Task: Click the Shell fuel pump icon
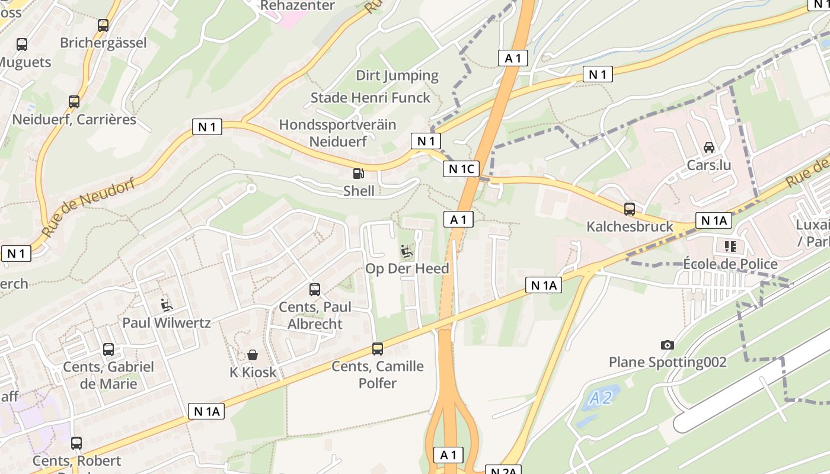pyautogui.click(x=358, y=173)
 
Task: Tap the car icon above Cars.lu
pyautogui.click(x=708, y=148)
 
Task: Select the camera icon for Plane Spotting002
pyautogui.click(x=668, y=345)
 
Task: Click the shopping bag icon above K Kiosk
pyautogui.click(x=253, y=355)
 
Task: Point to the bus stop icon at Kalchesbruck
pyautogui.click(x=630, y=209)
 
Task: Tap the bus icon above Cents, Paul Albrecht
pyautogui.click(x=315, y=290)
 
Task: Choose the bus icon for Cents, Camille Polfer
pyautogui.click(x=378, y=349)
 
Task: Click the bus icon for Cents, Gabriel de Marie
pyautogui.click(x=108, y=350)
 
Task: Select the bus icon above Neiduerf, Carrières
pyautogui.click(x=74, y=102)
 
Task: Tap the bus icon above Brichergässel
pyautogui.click(x=103, y=25)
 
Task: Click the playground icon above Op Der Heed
pyautogui.click(x=407, y=252)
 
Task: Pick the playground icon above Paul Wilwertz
pyautogui.click(x=167, y=306)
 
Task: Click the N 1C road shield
pyautogui.click(x=461, y=169)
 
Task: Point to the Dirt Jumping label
pyautogui.click(x=397, y=75)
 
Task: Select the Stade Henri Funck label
pyautogui.click(x=371, y=98)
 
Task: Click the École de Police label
pyautogui.click(x=730, y=264)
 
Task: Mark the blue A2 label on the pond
pyautogui.click(x=601, y=398)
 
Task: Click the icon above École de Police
pyautogui.click(x=729, y=246)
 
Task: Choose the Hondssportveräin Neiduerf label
pyautogui.click(x=338, y=133)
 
